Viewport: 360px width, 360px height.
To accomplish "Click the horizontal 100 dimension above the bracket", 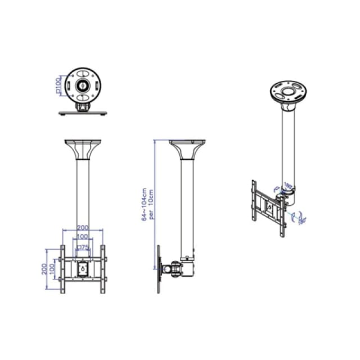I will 83,236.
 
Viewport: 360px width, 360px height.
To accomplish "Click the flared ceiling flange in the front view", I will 83,148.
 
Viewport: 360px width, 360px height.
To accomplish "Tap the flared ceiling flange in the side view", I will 186,148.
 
